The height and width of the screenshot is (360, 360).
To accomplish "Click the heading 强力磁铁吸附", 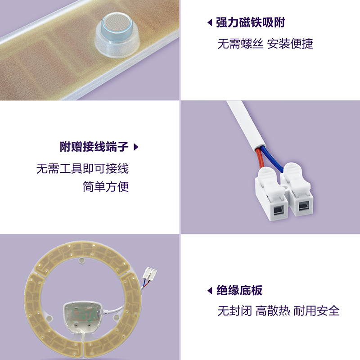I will [251, 22].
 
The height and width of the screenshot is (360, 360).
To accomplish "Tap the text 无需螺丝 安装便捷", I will [265, 44].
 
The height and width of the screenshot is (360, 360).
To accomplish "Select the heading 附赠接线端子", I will [94, 147].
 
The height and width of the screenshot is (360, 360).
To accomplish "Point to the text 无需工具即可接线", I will [82, 169].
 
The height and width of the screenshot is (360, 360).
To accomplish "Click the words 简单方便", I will [106, 187].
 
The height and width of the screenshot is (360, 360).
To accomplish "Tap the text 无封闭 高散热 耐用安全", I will [278, 310].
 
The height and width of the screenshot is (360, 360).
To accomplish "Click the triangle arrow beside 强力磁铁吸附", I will [209, 22].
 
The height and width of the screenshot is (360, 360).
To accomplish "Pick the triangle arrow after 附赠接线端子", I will [136, 147].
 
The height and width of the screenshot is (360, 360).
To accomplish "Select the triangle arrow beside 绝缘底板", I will [209, 291].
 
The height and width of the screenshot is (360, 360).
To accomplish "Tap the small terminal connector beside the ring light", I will [150, 273].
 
